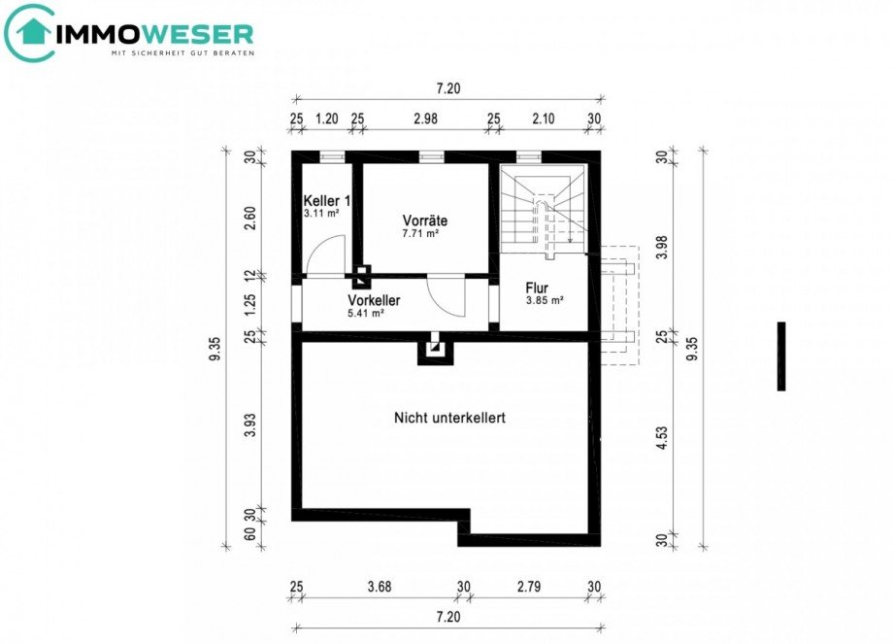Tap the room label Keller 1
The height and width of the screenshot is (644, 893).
(325, 199)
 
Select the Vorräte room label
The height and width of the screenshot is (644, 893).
(424, 220)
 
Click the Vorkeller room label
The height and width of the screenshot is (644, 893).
(374, 300)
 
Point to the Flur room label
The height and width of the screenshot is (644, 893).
(538, 288)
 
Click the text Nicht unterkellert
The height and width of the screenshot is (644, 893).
(449, 418)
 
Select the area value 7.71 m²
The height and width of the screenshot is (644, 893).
(421, 234)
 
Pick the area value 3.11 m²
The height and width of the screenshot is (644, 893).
(319, 212)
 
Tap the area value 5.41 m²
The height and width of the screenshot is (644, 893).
(366, 313)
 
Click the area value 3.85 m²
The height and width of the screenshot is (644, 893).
(544, 300)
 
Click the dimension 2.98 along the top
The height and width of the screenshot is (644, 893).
(425, 119)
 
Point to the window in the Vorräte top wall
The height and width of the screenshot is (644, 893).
(431, 155)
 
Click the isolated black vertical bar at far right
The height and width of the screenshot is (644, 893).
(781, 356)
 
